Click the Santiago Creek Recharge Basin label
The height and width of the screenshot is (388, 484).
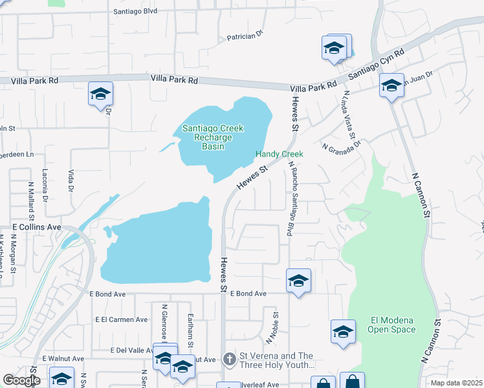[212, 137]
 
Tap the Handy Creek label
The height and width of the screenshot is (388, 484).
[279, 154]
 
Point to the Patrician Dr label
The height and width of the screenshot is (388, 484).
[245, 37]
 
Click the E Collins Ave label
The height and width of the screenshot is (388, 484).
[36, 228]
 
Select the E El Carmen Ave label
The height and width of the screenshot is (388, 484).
[121, 319]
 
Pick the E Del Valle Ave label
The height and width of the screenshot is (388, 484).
[126, 350]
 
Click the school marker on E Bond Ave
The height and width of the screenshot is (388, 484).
[298, 281]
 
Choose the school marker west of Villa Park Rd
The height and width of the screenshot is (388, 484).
[100, 94]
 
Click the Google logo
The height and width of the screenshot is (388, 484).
[21, 381]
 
